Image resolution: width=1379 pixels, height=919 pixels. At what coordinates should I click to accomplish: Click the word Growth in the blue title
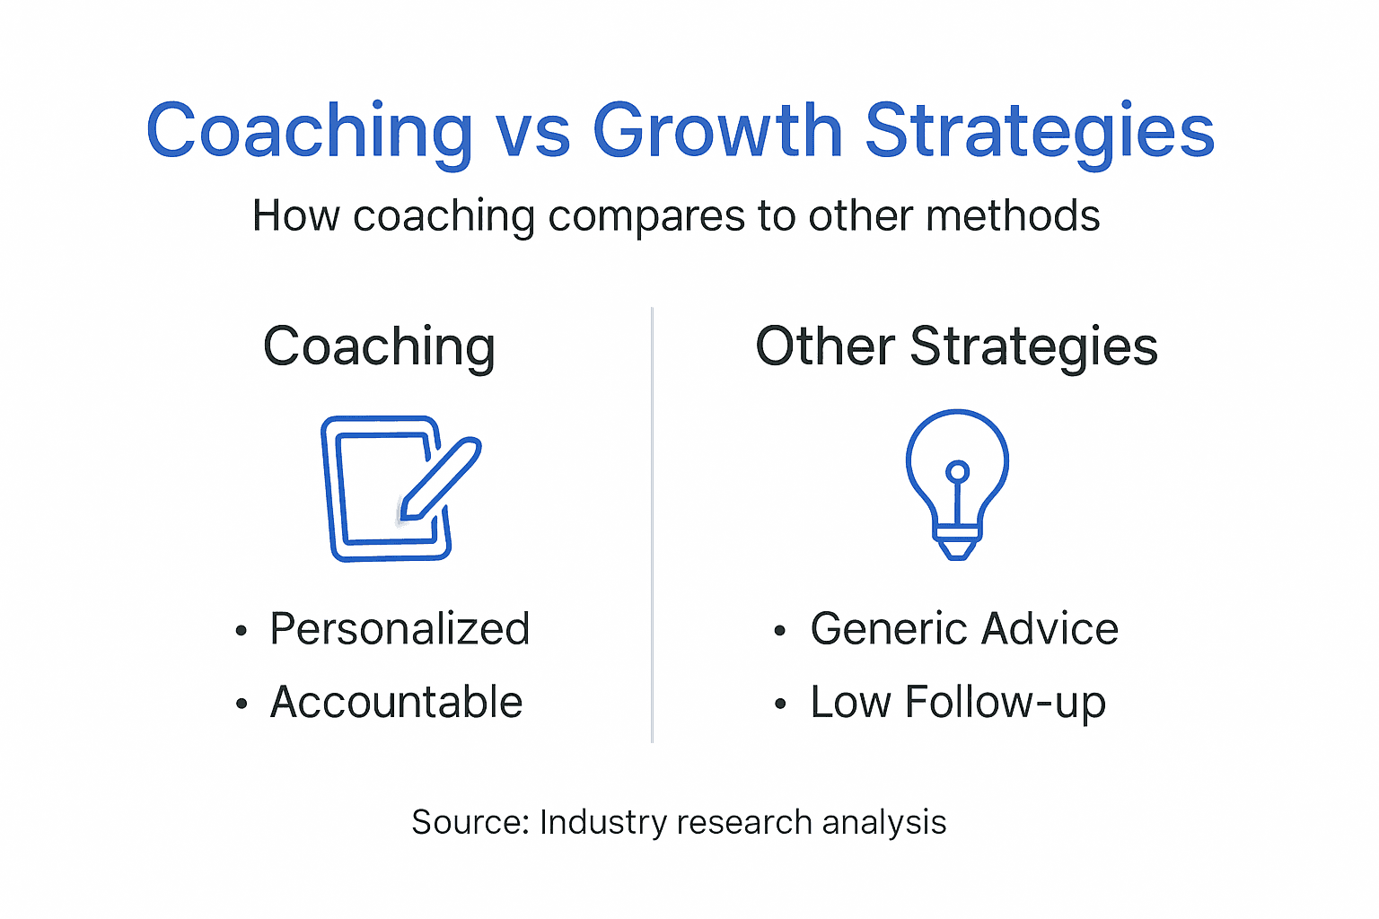pyautogui.click(x=716, y=131)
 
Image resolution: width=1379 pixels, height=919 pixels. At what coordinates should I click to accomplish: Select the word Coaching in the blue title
pyautogui.click(x=309, y=131)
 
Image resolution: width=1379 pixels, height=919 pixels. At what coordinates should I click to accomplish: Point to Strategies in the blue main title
pyautogui.click(x=1039, y=131)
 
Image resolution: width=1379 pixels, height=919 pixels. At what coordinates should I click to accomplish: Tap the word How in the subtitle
pyautogui.click(x=295, y=216)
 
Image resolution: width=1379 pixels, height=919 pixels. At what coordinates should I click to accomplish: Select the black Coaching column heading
pyautogui.click(x=379, y=347)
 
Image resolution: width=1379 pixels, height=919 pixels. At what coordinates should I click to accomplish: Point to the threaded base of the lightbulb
pyautogui.click(x=957, y=542)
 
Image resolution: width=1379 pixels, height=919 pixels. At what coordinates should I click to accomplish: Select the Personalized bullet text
pyautogui.click(x=400, y=629)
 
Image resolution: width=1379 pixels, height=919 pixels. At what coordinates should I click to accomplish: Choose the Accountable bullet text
pyautogui.click(x=396, y=702)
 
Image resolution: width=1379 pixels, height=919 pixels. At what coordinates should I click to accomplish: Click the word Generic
pyautogui.click(x=889, y=629)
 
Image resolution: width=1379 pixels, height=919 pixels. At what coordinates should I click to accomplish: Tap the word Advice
pyautogui.click(x=1050, y=629)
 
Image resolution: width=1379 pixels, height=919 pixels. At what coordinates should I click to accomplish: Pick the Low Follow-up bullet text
pyautogui.click(x=957, y=703)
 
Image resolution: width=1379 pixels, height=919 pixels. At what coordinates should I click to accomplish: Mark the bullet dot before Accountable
pyautogui.click(x=241, y=705)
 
